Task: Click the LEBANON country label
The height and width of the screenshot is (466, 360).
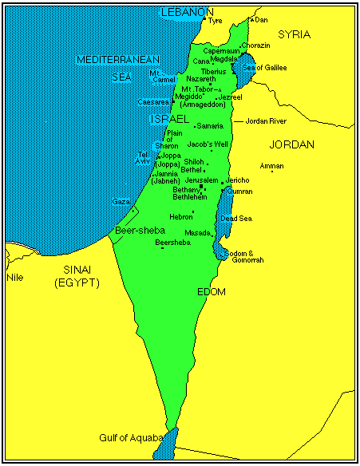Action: pyautogui.click(x=188, y=12)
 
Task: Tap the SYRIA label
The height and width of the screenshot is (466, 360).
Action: pyautogui.click(x=294, y=35)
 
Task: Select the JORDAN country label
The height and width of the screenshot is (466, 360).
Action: pyautogui.click(x=291, y=145)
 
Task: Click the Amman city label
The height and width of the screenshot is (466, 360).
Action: pyautogui.click(x=271, y=164)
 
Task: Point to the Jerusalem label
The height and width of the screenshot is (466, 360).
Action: pyautogui.click(x=200, y=180)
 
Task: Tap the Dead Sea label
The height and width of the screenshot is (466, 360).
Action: pyautogui.click(x=236, y=218)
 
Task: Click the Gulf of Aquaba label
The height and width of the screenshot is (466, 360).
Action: pyautogui.click(x=131, y=438)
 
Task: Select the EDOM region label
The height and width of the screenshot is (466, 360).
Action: pyautogui.click(x=211, y=293)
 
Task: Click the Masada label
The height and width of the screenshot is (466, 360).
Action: pyautogui.click(x=197, y=233)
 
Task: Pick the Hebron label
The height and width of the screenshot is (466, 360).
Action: pyautogui.click(x=180, y=216)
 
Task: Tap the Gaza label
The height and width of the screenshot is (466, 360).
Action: pyautogui.click(x=121, y=202)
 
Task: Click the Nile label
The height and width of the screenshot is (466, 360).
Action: pyautogui.click(x=14, y=278)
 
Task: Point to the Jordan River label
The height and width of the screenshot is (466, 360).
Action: pyautogui.click(x=266, y=121)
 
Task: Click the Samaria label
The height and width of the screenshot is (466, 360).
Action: pyautogui.click(x=210, y=126)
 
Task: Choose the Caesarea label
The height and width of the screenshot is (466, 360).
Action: pyautogui.click(x=152, y=102)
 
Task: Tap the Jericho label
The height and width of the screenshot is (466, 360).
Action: pyautogui.click(x=238, y=180)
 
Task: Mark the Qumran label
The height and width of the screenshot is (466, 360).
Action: pyautogui.click(x=239, y=192)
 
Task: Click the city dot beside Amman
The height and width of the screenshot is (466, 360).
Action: pyautogui.click(x=271, y=172)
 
